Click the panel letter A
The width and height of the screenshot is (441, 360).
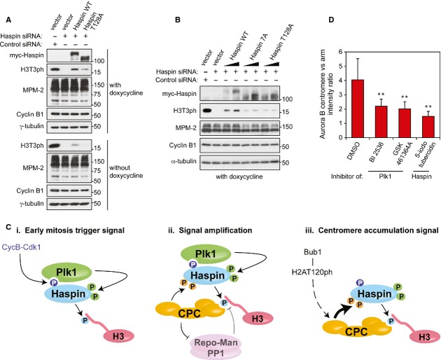[x=6, y=10]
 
